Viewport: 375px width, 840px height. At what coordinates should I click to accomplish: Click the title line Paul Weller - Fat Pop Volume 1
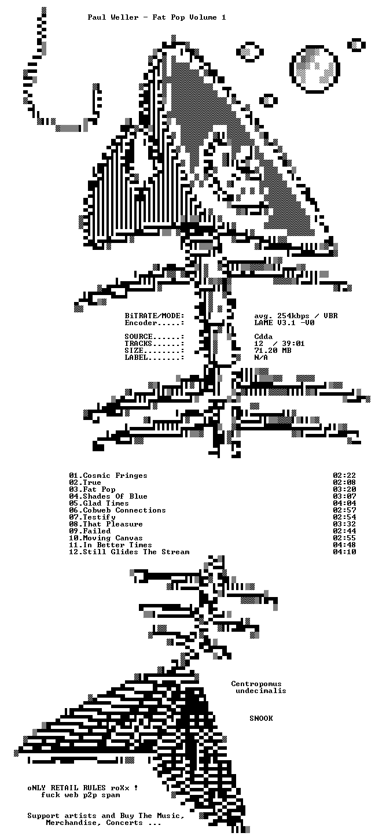click(157, 17)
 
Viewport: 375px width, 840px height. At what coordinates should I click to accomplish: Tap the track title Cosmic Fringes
click(115, 476)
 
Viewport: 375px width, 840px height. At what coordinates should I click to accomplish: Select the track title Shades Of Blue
click(115, 496)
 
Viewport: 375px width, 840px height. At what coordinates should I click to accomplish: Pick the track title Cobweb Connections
click(124, 510)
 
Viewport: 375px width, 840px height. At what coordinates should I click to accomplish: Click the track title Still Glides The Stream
click(136, 552)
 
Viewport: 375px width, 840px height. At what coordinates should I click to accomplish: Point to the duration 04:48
click(344, 545)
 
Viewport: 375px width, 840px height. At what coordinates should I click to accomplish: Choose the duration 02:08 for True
click(344, 482)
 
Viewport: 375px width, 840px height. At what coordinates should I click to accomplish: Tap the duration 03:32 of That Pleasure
click(344, 524)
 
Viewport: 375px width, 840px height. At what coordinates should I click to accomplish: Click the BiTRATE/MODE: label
click(155, 316)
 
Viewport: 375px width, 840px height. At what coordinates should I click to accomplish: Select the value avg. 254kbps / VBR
click(296, 316)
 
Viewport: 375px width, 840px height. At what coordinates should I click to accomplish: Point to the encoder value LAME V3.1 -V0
click(284, 322)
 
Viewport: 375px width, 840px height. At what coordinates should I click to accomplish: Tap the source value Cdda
click(263, 336)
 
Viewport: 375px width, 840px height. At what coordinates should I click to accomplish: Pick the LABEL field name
click(136, 358)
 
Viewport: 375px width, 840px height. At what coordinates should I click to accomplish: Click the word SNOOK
click(261, 718)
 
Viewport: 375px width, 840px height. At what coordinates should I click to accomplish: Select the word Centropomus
click(256, 684)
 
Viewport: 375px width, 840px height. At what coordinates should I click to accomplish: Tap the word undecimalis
click(261, 691)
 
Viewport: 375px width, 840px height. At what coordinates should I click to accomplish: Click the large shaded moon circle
click(315, 69)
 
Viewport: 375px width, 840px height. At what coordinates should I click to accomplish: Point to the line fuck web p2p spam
click(80, 795)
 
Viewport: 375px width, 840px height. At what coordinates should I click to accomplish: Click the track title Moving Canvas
click(113, 538)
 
